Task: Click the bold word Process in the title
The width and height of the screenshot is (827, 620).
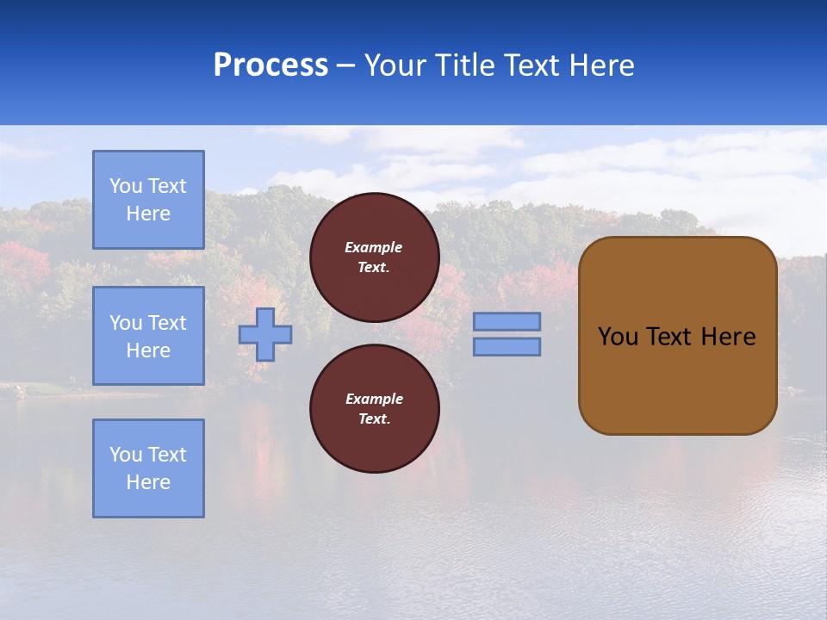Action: coord(270,65)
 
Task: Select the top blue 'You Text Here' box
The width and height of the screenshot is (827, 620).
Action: coord(148,200)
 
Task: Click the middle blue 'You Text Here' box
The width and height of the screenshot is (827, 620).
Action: coord(148,336)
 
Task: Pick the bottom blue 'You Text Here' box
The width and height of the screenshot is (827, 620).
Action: coord(148,468)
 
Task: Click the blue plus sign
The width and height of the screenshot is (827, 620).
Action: coord(265,334)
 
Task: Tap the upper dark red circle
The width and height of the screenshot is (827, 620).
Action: coord(375,257)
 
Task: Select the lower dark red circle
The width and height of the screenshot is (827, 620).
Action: coord(375,409)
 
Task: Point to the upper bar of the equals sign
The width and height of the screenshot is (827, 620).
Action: coord(507,321)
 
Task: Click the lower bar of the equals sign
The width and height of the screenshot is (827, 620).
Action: coord(507,346)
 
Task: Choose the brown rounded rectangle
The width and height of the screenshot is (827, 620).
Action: coord(677,379)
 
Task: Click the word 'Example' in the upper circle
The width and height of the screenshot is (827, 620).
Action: coord(374,247)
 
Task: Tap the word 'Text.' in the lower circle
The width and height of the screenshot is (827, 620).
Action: coord(374,418)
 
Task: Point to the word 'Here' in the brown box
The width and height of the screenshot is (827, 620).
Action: coord(728,337)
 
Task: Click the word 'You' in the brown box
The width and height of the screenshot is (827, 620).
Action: coord(617,337)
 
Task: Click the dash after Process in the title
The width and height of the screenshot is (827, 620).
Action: coord(346,65)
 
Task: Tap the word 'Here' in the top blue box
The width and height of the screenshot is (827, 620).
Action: coord(148,214)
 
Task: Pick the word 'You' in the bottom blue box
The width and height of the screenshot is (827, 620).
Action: coord(126,455)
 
